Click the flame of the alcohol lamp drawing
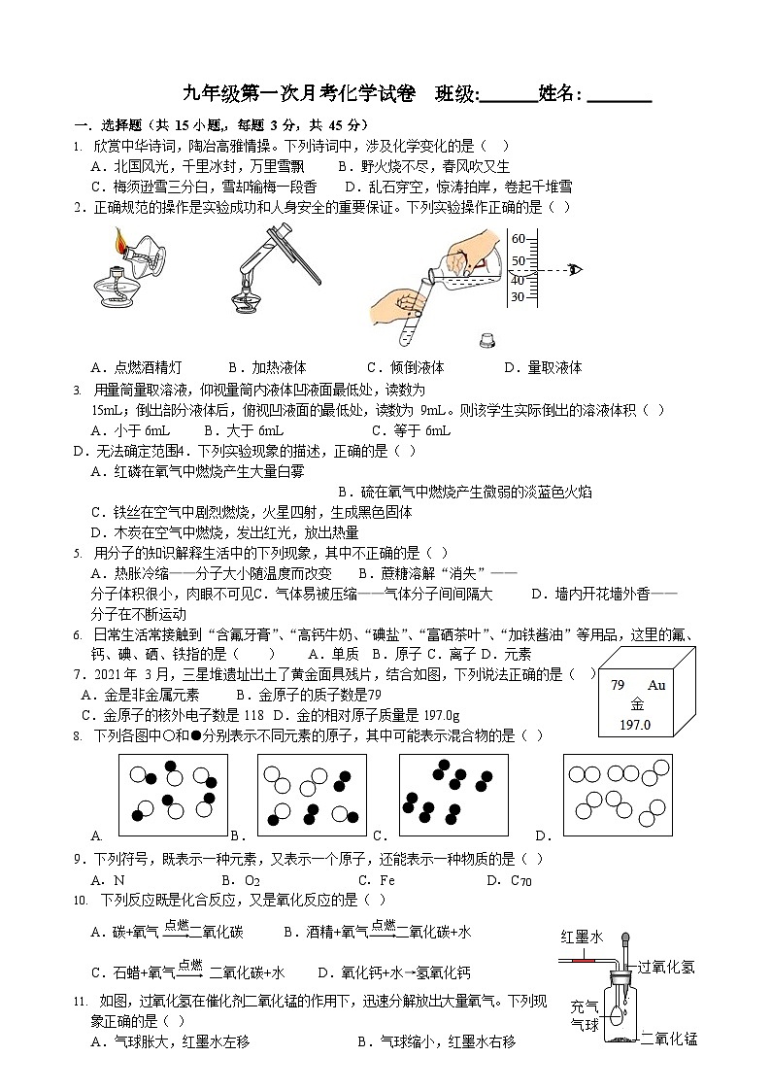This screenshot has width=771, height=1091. click(x=119, y=239)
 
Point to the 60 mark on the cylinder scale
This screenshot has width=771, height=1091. click(x=518, y=239)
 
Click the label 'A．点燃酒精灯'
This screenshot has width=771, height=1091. click(x=136, y=367)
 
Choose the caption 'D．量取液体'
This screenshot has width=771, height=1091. click(x=543, y=367)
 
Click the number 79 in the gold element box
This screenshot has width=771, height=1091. click(x=618, y=686)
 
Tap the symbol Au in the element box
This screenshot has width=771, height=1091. click(x=656, y=686)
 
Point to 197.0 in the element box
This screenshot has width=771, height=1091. click(x=635, y=725)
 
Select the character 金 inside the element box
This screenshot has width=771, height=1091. click(x=637, y=705)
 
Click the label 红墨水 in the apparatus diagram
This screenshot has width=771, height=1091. click(x=582, y=937)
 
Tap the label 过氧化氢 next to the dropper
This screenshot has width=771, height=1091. click(x=666, y=968)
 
